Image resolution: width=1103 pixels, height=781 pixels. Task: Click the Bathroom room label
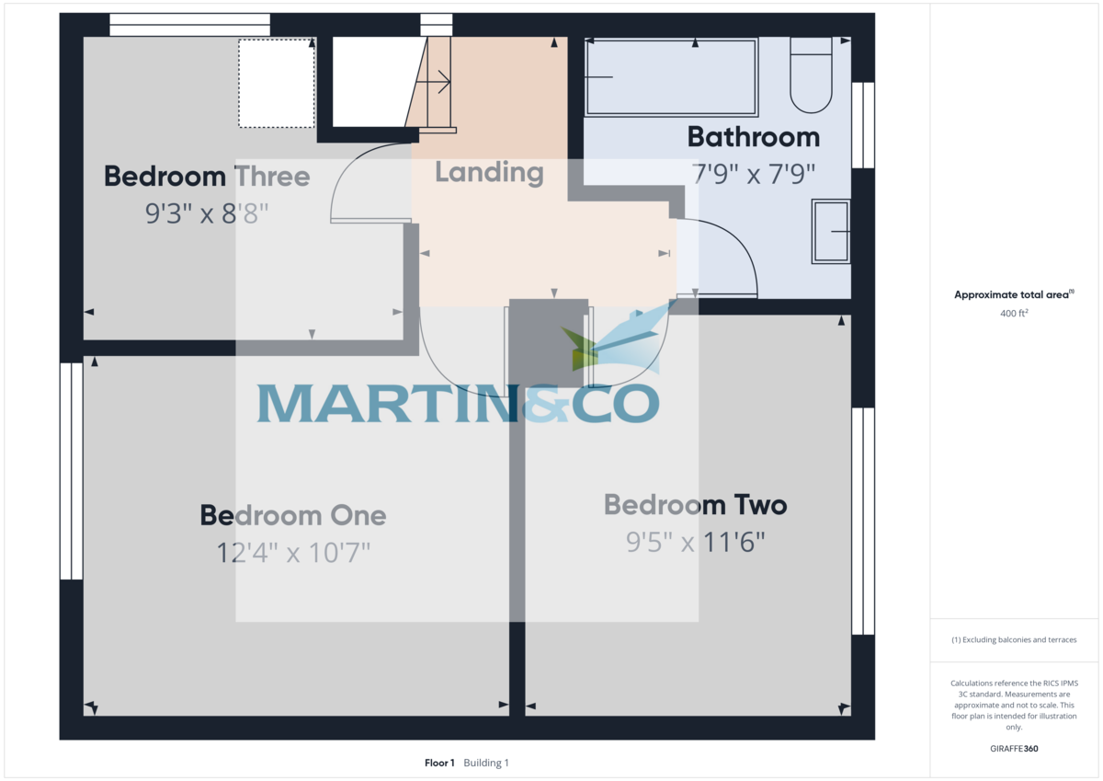[753, 137]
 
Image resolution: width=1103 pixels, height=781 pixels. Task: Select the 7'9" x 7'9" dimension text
[753, 173]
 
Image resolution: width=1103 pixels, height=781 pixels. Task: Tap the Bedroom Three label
[207, 176]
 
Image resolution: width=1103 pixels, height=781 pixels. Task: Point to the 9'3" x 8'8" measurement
[207, 214]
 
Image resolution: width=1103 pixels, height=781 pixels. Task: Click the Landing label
[489, 172]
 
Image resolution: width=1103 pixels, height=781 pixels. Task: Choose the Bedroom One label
[293, 515]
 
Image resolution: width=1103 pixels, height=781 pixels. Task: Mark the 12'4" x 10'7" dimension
[293, 553]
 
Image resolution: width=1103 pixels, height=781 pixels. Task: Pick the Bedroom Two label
[695, 505]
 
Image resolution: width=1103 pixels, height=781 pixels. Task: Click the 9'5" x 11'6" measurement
[695, 543]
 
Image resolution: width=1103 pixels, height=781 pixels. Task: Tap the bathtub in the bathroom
[671, 77]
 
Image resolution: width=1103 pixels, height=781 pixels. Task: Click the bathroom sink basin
[831, 232]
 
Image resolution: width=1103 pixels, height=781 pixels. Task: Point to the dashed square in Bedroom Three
[277, 83]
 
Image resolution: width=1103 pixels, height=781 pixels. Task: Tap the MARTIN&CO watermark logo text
[458, 403]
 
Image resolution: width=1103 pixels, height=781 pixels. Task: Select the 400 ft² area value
[1014, 314]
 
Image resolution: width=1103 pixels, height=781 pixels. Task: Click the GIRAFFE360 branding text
[1014, 749]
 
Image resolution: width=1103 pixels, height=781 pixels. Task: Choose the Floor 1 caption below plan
[439, 763]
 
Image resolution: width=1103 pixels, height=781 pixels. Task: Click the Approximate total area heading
[1013, 295]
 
